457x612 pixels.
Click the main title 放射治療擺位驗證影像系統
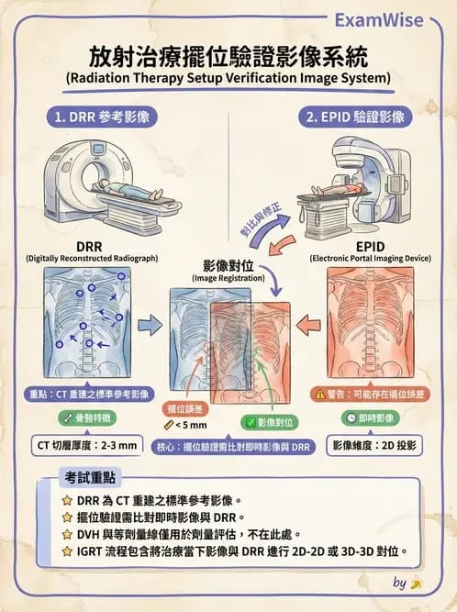point(228,57)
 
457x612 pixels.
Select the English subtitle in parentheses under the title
point(228,78)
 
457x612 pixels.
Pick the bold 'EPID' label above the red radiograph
point(369,248)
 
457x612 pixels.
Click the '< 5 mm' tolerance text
point(193,426)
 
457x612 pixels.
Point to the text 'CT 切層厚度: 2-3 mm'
point(86,446)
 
